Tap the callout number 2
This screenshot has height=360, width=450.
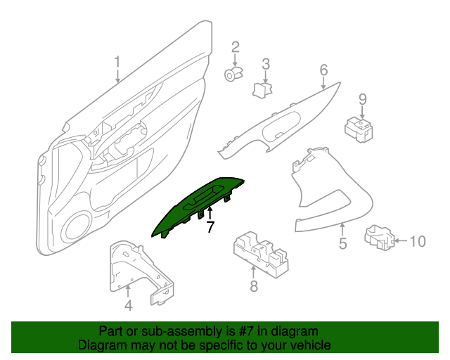pyautogui.click(x=236, y=47)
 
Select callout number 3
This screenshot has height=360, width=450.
pyautogui.click(x=266, y=65)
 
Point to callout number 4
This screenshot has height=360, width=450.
pyautogui.click(x=128, y=305)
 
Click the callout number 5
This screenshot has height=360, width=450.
pyautogui.click(x=343, y=244)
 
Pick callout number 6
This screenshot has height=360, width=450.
pyautogui.click(x=324, y=70)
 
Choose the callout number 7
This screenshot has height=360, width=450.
pyautogui.click(x=209, y=226)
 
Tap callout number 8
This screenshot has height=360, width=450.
pyautogui.click(x=254, y=285)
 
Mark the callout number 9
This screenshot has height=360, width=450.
pyautogui.click(x=363, y=98)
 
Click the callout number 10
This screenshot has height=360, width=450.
pyautogui.click(x=417, y=242)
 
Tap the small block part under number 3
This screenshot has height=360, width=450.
pyautogui.click(x=262, y=89)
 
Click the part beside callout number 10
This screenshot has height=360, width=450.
pyautogui.click(x=380, y=238)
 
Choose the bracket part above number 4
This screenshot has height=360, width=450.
pyautogui.click(x=137, y=271)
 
